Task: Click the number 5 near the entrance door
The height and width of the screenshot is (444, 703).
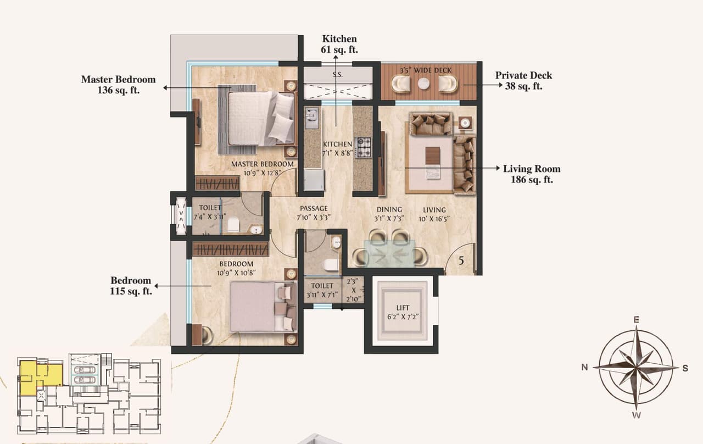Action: pyautogui.click(x=461, y=262)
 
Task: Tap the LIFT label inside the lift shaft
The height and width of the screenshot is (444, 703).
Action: pyautogui.click(x=404, y=308)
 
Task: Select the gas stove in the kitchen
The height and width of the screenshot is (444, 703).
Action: pyautogui.click(x=363, y=147)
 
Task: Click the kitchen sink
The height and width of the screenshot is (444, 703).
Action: pyautogui.click(x=312, y=116)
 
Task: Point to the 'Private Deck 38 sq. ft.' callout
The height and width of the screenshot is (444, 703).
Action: pyautogui.click(x=523, y=80)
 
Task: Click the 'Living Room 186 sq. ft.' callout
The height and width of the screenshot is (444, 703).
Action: pyautogui.click(x=531, y=174)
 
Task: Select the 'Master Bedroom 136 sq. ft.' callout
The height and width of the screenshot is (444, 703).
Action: pyautogui.click(x=118, y=85)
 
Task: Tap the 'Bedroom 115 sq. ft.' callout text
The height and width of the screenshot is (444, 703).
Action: pyautogui.click(x=131, y=286)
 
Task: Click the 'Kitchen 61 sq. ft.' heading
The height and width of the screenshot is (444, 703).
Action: pyautogui.click(x=339, y=44)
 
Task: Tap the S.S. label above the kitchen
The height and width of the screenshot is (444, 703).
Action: pyautogui.click(x=337, y=74)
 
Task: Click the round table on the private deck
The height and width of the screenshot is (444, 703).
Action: pyautogui.click(x=423, y=84)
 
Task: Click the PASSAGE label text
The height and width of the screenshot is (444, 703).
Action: pyautogui.click(x=314, y=209)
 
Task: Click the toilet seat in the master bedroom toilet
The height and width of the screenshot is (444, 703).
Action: pyautogui.click(x=233, y=224)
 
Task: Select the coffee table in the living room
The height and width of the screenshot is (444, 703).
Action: pyautogui.click(x=433, y=156)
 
